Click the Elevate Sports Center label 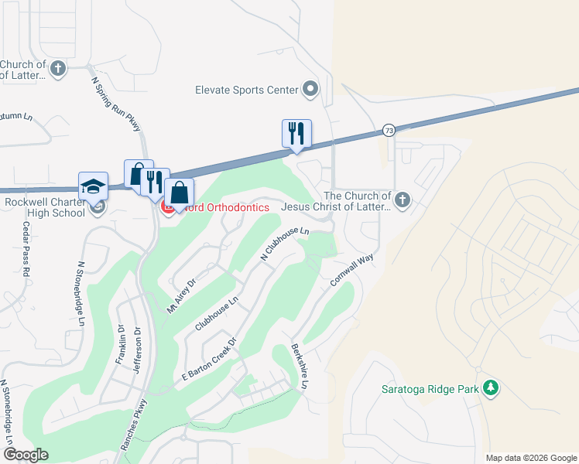coord(247,90)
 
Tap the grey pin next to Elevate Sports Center coord(310,90)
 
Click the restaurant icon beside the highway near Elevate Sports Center coord(296,134)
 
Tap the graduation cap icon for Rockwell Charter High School coord(93,186)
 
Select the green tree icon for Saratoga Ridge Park coord(489,388)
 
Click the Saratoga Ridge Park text coord(430,389)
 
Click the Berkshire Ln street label coord(300,366)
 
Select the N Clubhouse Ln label coord(285,243)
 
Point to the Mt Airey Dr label coord(182,296)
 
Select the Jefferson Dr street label coord(137,350)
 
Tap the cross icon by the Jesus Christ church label coord(401,201)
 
